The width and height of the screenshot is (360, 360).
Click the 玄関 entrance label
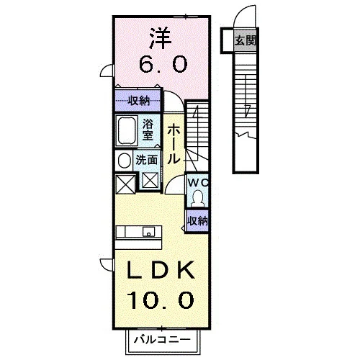[246, 40]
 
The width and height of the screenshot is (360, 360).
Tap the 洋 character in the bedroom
[161, 39]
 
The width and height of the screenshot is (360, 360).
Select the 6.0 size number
[163, 64]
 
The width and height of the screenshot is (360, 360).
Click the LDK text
[161, 270]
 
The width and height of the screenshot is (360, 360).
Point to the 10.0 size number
[161, 300]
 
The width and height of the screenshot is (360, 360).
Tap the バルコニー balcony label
[162, 340]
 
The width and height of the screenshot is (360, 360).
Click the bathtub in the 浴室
[127, 131]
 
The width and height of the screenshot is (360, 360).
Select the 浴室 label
[148, 130]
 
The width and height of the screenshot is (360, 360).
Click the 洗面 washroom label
[147, 160]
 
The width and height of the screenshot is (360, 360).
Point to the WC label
[198, 183]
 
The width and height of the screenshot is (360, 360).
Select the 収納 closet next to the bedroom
[138, 101]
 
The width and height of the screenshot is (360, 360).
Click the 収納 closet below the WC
[197, 221]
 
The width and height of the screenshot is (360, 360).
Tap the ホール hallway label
[174, 145]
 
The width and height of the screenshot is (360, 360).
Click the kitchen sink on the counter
[149, 232]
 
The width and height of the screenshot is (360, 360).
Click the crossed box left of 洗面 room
[125, 184]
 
